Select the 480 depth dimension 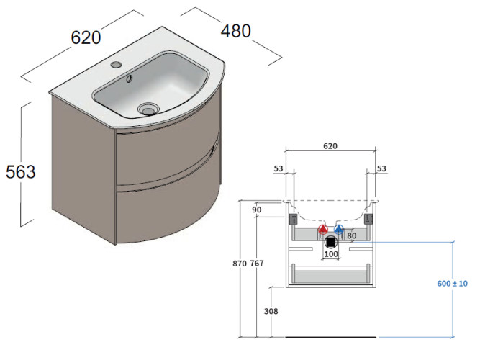click(x=235, y=31)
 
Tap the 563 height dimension click(x=20, y=171)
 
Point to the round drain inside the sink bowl click(x=148, y=109)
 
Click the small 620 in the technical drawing click(x=330, y=145)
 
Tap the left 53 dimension click(x=279, y=168)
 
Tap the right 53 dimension click(x=381, y=168)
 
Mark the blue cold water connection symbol click(x=338, y=231)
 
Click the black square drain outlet click(x=331, y=242)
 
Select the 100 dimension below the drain click(x=331, y=254)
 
